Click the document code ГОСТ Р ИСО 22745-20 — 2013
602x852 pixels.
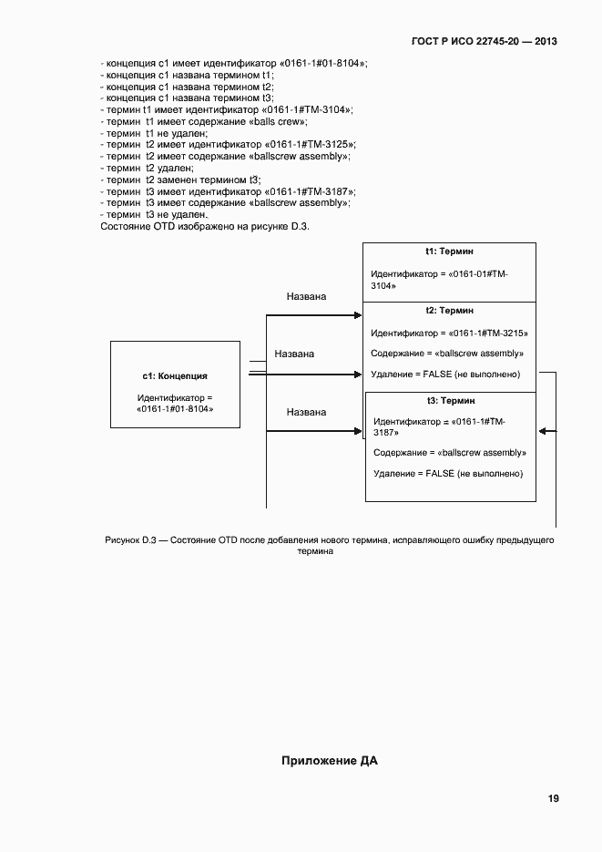point(485,42)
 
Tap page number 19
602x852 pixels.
point(553,799)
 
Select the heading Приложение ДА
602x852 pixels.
point(329,761)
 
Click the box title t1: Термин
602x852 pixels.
point(449,251)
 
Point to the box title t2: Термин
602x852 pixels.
point(449,311)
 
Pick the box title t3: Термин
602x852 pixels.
point(451,401)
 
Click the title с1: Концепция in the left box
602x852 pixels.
point(175,375)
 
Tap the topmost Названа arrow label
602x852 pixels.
point(306,297)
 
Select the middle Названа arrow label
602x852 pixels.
point(294,354)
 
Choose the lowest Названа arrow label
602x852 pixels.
point(306,412)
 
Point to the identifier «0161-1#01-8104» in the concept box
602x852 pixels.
point(175,409)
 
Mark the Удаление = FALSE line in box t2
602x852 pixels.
point(445,375)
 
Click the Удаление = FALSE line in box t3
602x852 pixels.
point(448,474)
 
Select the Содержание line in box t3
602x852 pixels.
point(450,453)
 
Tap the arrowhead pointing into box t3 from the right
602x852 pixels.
point(542,431)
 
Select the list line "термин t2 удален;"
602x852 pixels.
point(148,168)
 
